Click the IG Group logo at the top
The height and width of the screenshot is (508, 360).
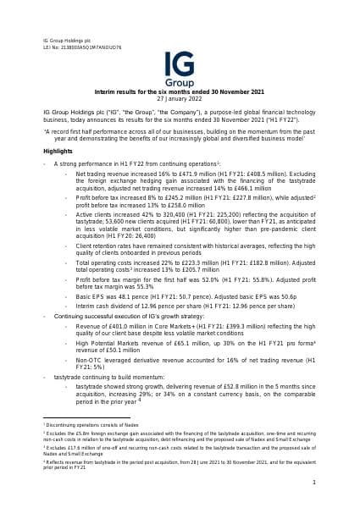pyautogui.click(x=180, y=64)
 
